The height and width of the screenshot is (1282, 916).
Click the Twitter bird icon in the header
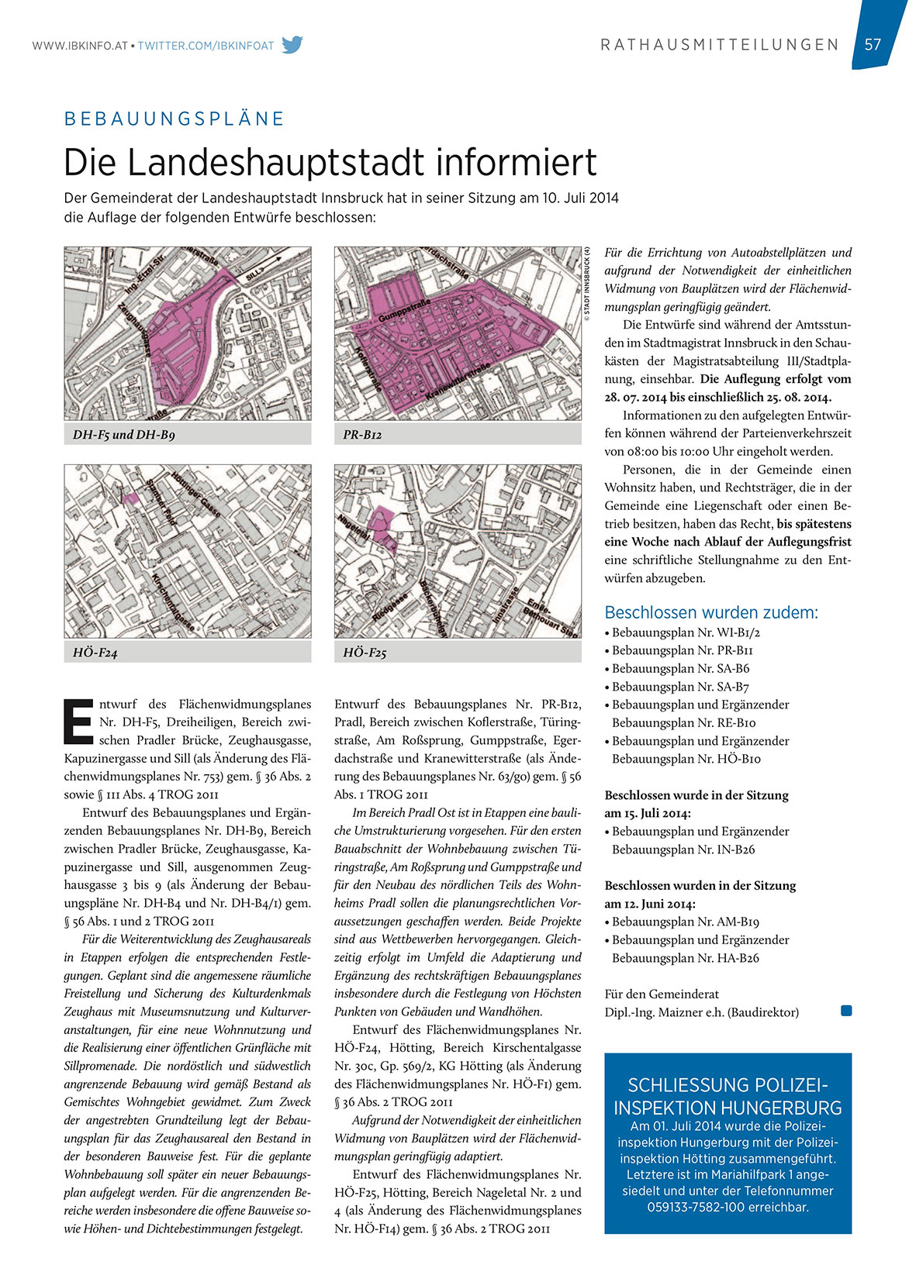click(x=292, y=45)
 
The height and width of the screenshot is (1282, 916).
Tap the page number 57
click(x=873, y=44)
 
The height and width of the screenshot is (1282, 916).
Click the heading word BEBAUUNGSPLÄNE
click(x=175, y=119)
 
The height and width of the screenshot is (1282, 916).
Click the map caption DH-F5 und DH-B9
click(x=124, y=435)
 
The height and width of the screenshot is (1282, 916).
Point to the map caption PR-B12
click(x=362, y=435)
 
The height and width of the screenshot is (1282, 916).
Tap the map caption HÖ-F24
click(x=95, y=653)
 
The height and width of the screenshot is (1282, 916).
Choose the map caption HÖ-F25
click(x=365, y=653)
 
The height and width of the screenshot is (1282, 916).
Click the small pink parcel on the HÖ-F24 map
click(x=130, y=498)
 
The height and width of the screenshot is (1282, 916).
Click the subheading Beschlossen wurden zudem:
click(x=711, y=612)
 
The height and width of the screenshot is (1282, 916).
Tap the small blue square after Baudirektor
click(x=846, y=1011)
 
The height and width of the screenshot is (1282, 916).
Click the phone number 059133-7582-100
click(x=728, y=1207)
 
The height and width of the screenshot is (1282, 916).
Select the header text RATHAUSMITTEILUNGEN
click(x=720, y=45)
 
